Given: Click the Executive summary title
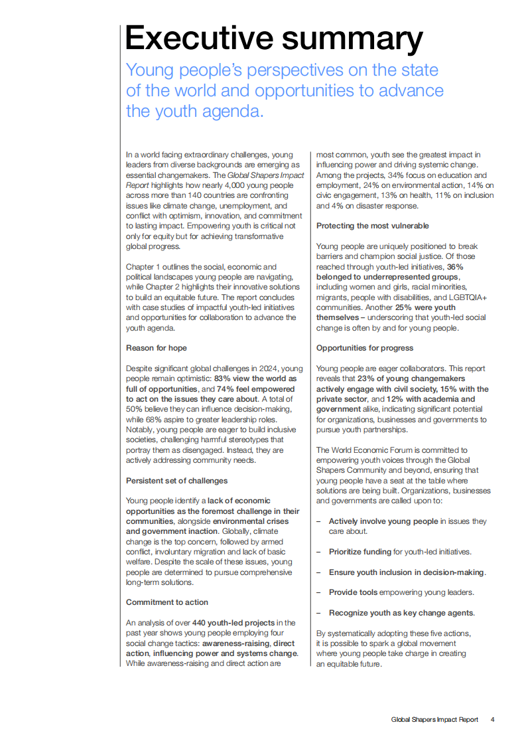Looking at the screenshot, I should [x=273, y=39].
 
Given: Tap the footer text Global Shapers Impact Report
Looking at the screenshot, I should [x=434, y=719].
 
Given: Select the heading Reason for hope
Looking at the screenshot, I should [x=157, y=348].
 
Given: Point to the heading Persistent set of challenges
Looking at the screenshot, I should [x=176, y=480].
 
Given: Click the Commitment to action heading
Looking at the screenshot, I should [x=167, y=602].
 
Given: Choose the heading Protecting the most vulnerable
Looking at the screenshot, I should [x=372, y=226].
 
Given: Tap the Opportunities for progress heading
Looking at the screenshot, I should [x=365, y=348].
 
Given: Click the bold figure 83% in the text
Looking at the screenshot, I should [x=222, y=378].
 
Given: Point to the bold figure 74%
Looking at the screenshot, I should [x=226, y=388].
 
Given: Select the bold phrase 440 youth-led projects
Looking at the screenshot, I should [x=233, y=623].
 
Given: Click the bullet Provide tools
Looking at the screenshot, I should [x=354, y=592].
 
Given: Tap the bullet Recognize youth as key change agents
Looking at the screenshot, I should [x=401, y=613].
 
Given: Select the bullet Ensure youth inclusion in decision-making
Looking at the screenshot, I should [x=407, y=572].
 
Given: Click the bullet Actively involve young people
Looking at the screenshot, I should [x=383, y=521].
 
